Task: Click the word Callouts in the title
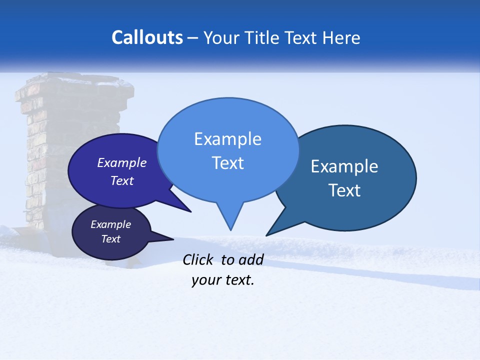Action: (x=147, y=37)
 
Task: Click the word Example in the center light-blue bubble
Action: (x=227, y=139)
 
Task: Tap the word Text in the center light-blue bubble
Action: (x=227, y=163)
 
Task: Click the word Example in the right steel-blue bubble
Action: (x=344, y=166)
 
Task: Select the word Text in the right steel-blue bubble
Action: (x=344, y=190)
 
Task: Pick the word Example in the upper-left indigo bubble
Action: (x=122, y=162)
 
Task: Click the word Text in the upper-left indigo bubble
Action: (x=122, y=180)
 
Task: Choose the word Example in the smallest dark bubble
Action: (x=110, y=224)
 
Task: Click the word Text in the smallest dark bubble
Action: (x=110, y=239)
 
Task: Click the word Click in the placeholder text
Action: (x=199, y=259)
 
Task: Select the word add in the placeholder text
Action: (x=251, y=259)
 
